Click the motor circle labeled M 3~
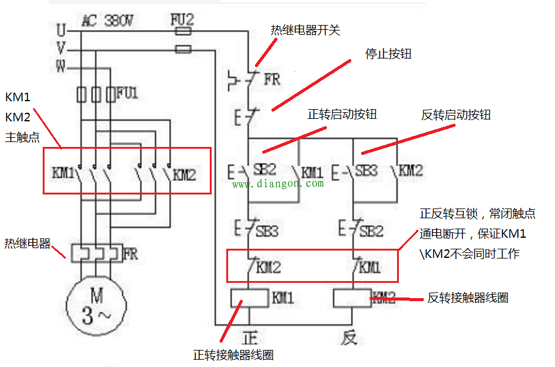pyautogui.click(x=96, y=306)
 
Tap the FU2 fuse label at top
pyautogui.click(x=182, y=20)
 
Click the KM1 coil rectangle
pyautogui.click(x=249, y=298)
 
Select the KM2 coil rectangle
pyautogui.click(x=352, y=298)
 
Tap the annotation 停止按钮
pyautogui.click(x=389, y=54)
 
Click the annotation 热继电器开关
pyautogui.click(x=306, y=30)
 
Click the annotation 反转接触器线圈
pyautogui.click(x=468, y=298)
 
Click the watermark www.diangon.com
pyautogui.click(x=277, y=184)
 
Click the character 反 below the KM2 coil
pyautogui.click(x=348, y=337)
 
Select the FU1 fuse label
pyautogui.click(x=127, y=93)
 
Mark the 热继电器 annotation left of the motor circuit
pyautogui.click(x=27, y=244)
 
